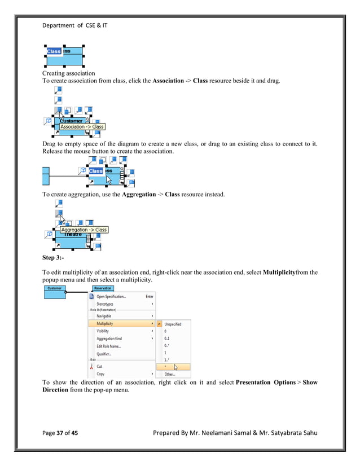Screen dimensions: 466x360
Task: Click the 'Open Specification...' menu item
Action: [x=111, y=296]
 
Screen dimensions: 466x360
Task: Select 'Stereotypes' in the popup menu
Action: [x=105, y=304]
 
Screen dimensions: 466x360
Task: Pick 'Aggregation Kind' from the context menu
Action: [x=109, y=338]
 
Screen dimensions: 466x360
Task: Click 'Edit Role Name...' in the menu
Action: [x=108, y=346]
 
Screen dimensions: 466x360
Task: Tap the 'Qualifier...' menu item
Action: [x=104, y=354]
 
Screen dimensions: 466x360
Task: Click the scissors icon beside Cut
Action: [x=91, y=366]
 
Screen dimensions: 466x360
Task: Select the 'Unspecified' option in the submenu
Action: [x=173, y=324]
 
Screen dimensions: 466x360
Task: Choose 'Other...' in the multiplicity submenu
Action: [x=169, y=373]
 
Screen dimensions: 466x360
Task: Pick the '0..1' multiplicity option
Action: [x=167, y=338]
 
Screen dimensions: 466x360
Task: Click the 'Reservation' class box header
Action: [x=103, y=288]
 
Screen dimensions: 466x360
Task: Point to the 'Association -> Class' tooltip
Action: [x=82, y=127]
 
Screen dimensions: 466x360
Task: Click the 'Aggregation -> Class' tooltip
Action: [x=84, y=230]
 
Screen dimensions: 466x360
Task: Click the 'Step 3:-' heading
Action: [x=54, y=257]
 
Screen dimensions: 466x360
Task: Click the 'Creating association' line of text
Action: [x=69, y=73]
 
